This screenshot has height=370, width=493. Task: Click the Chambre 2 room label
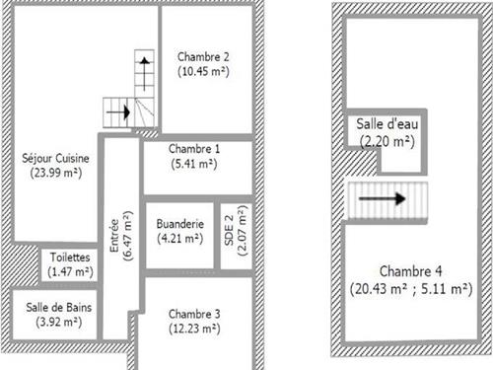203,57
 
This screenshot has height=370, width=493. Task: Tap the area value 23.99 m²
56,173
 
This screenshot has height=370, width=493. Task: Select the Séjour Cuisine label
55,159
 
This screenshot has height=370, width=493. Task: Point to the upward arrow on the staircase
144,74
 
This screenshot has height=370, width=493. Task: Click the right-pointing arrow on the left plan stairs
118,112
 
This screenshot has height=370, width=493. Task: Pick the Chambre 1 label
194,149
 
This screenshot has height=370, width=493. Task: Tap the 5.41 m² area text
194,164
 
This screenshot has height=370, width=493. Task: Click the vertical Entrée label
114,236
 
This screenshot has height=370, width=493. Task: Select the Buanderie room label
180,224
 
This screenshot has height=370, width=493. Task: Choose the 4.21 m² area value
180,239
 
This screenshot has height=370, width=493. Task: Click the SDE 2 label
229,230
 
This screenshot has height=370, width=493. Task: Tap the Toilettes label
70,258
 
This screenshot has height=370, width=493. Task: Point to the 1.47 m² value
70,272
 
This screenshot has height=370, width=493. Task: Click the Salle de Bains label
59,308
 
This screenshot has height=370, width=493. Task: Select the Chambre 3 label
194,314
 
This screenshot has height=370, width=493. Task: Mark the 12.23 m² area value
194,329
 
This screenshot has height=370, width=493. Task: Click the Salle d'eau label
387,124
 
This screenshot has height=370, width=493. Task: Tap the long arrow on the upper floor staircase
382,198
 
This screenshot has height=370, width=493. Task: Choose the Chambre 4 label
410,271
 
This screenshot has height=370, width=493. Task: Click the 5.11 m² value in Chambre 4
447,289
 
